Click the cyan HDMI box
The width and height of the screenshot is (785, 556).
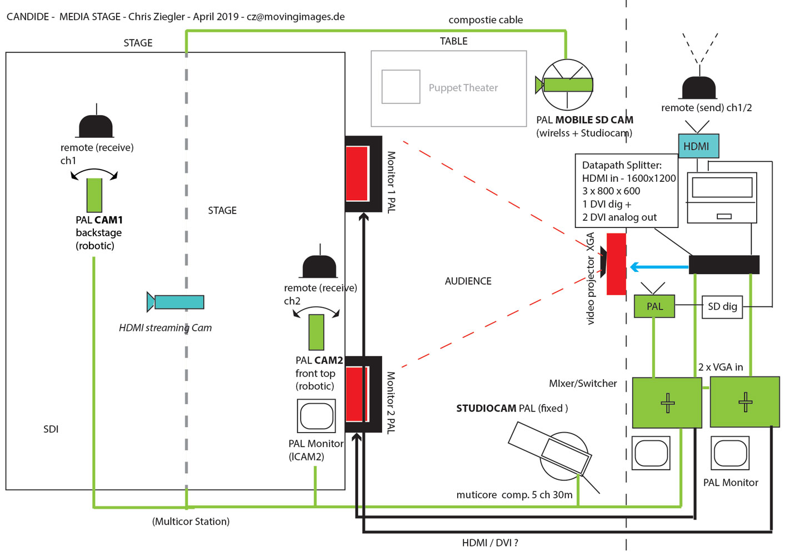(698, 146)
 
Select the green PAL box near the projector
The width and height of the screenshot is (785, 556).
(654, 306)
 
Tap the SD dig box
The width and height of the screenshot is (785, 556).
(722, 306)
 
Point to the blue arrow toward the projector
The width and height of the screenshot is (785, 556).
(659, 267)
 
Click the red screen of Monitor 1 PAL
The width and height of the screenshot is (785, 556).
(357, 173)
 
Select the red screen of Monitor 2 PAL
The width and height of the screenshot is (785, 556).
(357, 394)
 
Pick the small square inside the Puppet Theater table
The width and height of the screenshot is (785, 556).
(401, 87)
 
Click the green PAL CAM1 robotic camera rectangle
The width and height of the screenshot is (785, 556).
(94, 195)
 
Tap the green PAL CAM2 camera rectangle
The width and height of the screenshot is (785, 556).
(316, 332)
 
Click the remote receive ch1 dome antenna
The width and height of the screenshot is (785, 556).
(96, 126)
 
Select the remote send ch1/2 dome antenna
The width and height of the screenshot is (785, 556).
(699, 88)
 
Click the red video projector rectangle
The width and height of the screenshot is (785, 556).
(616, 264)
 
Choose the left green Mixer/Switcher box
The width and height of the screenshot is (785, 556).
(667, 403)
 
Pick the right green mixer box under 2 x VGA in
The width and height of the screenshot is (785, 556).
(745, 401)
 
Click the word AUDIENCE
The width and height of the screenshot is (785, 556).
(468, 281)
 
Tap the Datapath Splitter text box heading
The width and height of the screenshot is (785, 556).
(622, 165)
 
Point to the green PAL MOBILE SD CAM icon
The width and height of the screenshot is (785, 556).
(567, 85)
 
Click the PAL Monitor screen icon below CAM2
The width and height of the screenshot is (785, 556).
(316, 416)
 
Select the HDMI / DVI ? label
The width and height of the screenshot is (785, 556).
(489, 543)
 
